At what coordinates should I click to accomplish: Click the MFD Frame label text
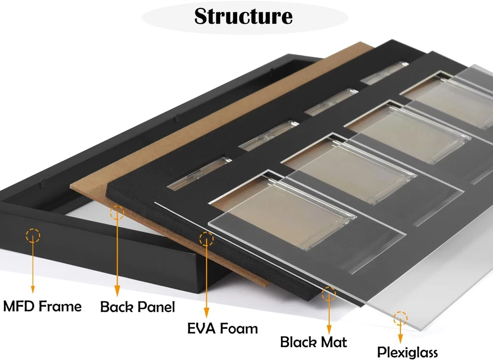click(42, 306)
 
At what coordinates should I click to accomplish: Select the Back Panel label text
click(138, 307)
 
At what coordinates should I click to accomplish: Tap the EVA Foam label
click(223, 328)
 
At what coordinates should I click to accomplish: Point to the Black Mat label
click(314, 342)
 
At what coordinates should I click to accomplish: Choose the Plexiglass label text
click(407, 352)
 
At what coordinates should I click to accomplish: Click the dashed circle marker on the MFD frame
click(33, 236)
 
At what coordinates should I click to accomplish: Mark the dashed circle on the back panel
click(117, 213)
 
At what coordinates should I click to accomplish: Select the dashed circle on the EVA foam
click(206, 239)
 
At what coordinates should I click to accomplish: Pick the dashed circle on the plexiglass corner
click(401, 318)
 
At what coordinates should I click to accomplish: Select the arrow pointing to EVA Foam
click(206, 281)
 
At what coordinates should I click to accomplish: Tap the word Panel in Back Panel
click(156, 307)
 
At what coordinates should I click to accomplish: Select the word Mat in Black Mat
click(335, 342)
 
